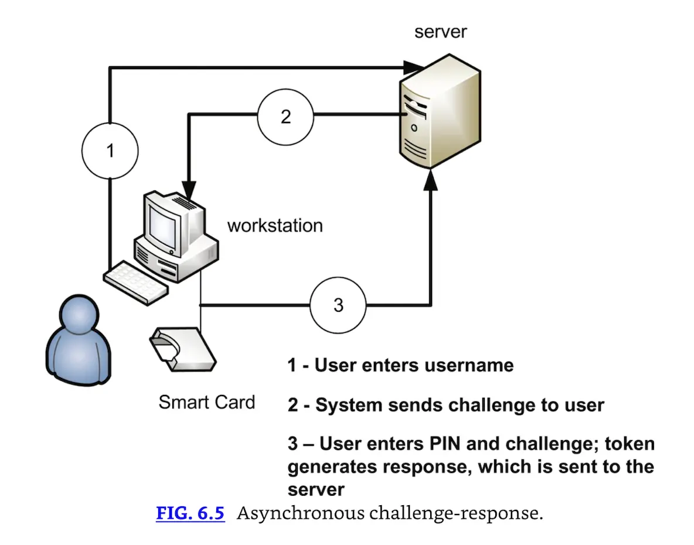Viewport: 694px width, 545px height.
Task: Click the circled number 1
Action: [110, 151]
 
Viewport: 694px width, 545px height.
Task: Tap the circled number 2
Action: [285, 116]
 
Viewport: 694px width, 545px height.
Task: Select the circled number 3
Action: [338, 305]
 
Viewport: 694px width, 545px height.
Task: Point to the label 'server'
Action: [440, 31]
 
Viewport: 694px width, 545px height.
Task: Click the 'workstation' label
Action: [275, 225]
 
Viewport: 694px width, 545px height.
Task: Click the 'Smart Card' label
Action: [206, 402]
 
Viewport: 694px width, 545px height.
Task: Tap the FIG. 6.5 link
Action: [190, 513]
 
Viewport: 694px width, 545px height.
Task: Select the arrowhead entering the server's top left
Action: [414, 67]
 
